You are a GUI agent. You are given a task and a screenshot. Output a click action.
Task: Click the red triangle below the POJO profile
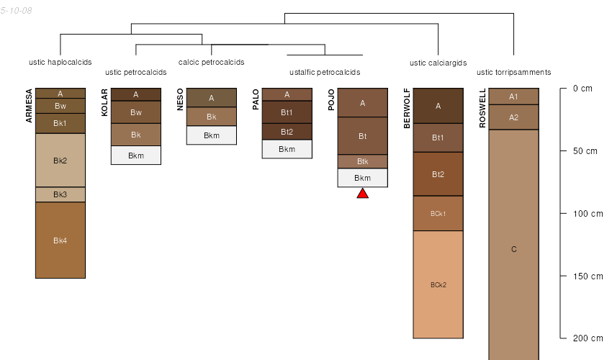pos(363,193)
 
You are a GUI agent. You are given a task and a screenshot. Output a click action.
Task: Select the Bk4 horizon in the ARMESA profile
pos(60,240)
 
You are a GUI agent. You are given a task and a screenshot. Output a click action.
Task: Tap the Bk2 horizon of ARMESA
pos(60,160)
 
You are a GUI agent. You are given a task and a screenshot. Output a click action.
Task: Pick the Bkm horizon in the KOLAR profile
pos(136,156)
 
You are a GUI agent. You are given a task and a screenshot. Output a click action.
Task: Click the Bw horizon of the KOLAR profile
pos(136,112)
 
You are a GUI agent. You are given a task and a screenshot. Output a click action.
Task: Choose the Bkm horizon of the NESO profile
pos(212,135)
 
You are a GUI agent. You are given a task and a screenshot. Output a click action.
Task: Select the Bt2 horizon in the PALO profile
pos(287,132)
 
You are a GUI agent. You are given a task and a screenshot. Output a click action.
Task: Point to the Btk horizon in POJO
pos(363,161)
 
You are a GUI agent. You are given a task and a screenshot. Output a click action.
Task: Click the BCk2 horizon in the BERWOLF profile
pos(438,284)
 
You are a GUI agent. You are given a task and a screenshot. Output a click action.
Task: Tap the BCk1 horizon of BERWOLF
pos(438,213)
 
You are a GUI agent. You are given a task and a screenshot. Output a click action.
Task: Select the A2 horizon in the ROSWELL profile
pos(514,117)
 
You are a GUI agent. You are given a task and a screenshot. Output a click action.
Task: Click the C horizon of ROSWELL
pos(514,249)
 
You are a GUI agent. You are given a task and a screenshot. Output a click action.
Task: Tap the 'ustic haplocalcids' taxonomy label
pos(60,62)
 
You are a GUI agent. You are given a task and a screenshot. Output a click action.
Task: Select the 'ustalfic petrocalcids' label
pos(325,72)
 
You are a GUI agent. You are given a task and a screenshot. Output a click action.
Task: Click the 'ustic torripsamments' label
pos(514,72)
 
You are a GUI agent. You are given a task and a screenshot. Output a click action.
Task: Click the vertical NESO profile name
pos(180,99)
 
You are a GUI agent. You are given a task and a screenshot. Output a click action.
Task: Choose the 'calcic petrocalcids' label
pos(212,62)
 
